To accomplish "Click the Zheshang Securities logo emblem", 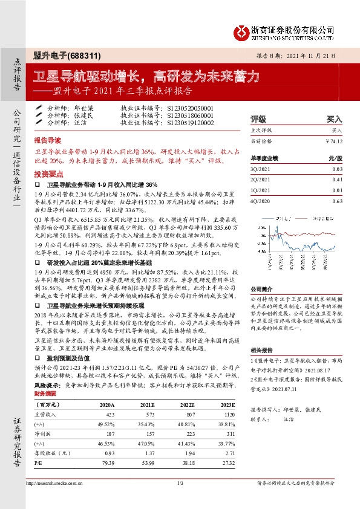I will point(244,30).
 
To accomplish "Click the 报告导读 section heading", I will point(48,138).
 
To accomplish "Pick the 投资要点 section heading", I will point(48,172).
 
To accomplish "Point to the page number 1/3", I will point(180,484).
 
